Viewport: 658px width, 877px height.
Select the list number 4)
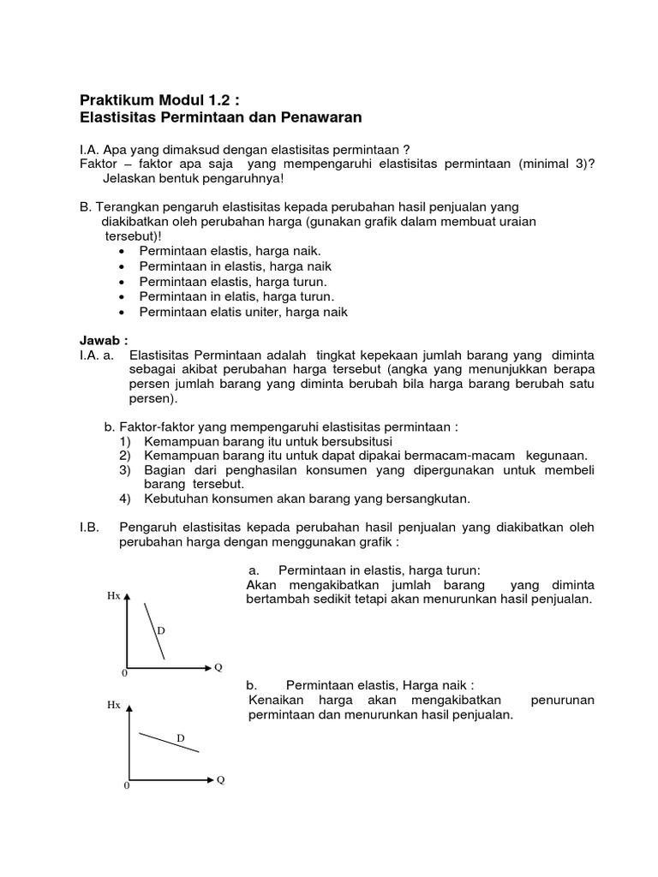125,498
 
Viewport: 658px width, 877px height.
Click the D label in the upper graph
160,630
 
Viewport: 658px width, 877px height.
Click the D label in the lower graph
180,737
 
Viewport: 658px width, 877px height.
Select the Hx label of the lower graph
113,705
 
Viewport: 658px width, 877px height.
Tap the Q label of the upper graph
218,667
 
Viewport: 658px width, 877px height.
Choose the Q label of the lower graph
220,780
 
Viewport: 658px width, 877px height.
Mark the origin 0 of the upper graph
125,674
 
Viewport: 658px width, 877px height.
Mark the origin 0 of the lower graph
127,786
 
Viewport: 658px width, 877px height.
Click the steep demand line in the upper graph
153,630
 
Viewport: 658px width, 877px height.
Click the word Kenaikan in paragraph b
275,701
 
